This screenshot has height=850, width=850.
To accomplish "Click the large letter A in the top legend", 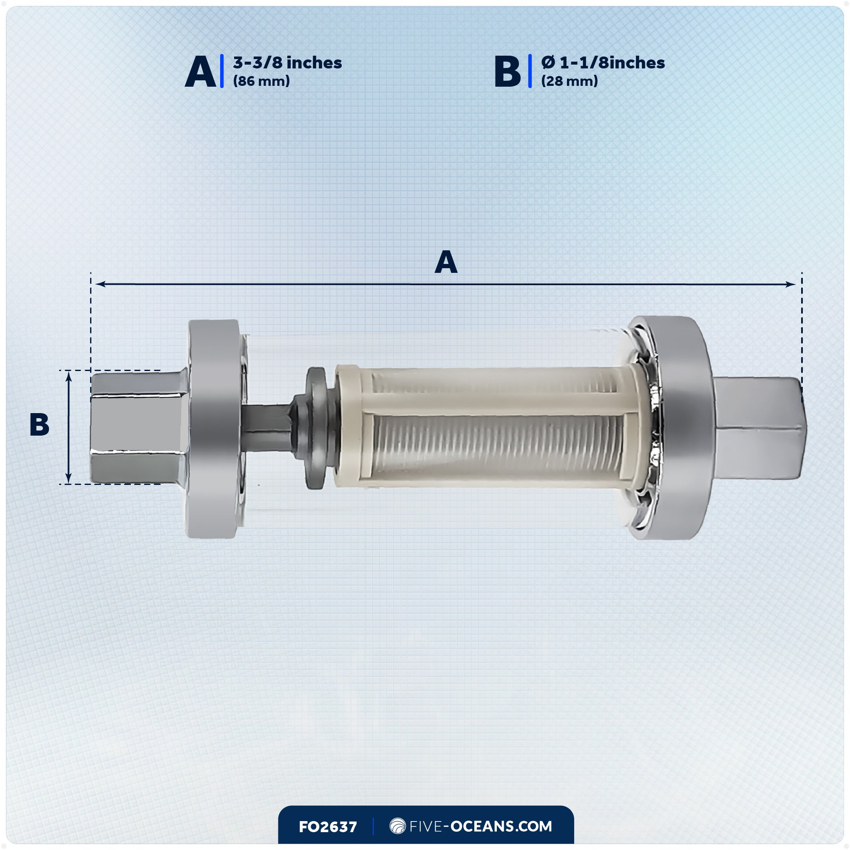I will tap(200, 72).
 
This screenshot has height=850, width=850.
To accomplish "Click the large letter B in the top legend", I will tap(507, 72).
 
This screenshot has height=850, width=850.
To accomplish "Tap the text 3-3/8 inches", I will tap(287, 63).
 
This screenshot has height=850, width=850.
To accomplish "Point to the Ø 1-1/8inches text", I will tap(603, 63).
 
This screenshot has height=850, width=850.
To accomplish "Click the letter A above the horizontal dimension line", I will tap(446, 262).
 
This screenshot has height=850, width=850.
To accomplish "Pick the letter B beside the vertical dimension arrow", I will tap(39, 425).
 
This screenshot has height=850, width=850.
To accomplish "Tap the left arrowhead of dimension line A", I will tap(99, 284).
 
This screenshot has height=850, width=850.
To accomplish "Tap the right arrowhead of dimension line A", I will tap(791, 284).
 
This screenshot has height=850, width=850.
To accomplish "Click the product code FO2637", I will tap(328, 827).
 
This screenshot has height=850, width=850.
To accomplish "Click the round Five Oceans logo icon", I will tap(397, 826).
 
